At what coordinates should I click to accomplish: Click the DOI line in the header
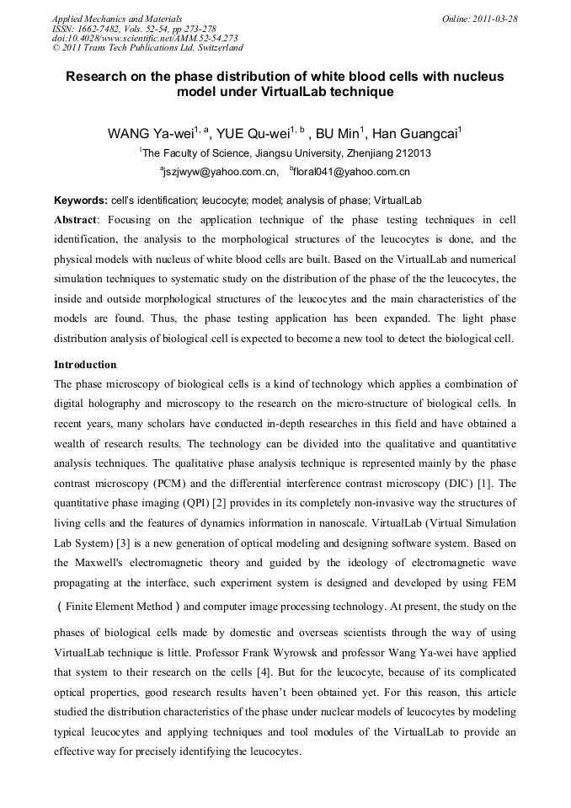click(144, 38)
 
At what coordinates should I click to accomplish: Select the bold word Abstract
click(76, 220)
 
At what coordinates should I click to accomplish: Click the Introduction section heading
click(85, 365)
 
